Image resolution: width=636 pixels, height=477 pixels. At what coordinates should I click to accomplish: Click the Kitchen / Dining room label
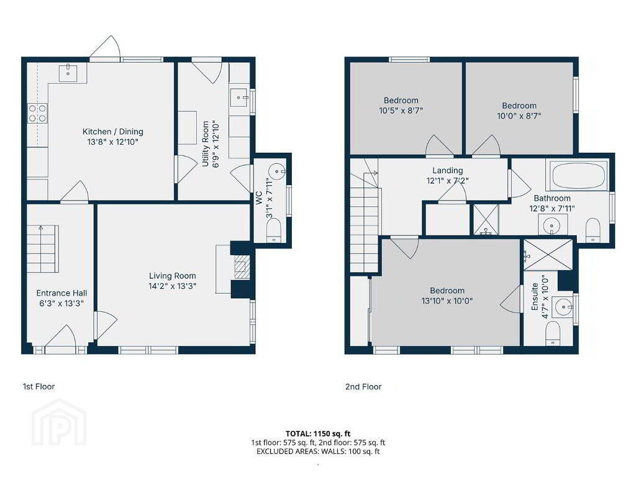coord(113,132)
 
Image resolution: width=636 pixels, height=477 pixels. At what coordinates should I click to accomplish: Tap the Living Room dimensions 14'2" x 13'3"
coord(173,286)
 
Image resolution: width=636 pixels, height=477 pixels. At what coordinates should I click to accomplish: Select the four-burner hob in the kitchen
coord(37,113)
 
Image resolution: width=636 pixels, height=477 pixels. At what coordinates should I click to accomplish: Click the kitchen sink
coord(68,73)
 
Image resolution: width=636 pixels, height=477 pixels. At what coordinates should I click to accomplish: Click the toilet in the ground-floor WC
coord(274,230)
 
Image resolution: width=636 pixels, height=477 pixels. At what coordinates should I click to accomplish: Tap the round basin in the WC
coord(278,171)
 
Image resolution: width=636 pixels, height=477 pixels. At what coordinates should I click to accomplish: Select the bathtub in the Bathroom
coord(576,175)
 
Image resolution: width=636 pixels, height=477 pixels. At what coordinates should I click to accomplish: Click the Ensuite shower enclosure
coord(548,255)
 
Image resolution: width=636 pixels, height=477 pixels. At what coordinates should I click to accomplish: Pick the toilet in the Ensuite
coord(553,334)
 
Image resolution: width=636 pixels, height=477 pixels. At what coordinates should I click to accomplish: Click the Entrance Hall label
coord(61,293)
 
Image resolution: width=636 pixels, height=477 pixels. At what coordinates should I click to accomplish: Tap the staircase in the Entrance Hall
coord(43,248)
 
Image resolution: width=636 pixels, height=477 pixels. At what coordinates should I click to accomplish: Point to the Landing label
coord(447,170)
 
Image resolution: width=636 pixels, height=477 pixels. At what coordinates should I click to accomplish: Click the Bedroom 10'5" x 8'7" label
coord(401,105)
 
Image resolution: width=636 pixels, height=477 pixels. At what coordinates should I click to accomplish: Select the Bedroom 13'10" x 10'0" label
coord(447,296)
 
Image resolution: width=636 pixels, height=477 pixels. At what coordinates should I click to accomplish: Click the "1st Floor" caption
coord(39,386)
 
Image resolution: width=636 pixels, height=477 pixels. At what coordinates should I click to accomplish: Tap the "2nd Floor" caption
coord(363,386)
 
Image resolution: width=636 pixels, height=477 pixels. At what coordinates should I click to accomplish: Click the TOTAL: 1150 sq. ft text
coord(318,434)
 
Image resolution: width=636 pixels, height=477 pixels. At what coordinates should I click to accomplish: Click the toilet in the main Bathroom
coord(593,230)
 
